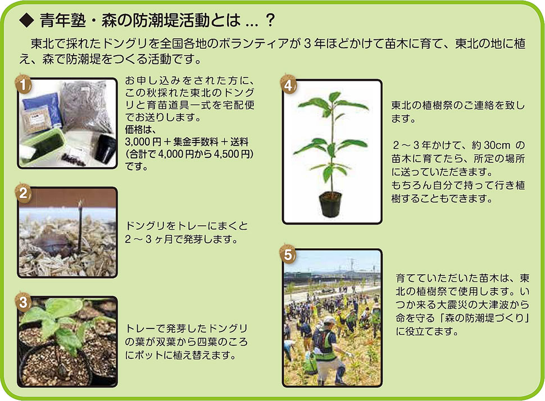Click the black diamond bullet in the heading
(x=26, y=21)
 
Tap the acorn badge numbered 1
(x=23, y=84)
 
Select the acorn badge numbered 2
(x=23, y=193)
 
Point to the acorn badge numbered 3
(x=23, y=302)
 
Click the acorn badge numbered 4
(x=288, y=85)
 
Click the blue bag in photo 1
(x=41, y=110)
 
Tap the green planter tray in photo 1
(x=42, y=146)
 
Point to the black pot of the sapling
(x=330, y=204)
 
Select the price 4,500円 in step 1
(x=233, y=154)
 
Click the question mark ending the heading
(x=270, y=21)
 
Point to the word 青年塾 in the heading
(x=62, y=21)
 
